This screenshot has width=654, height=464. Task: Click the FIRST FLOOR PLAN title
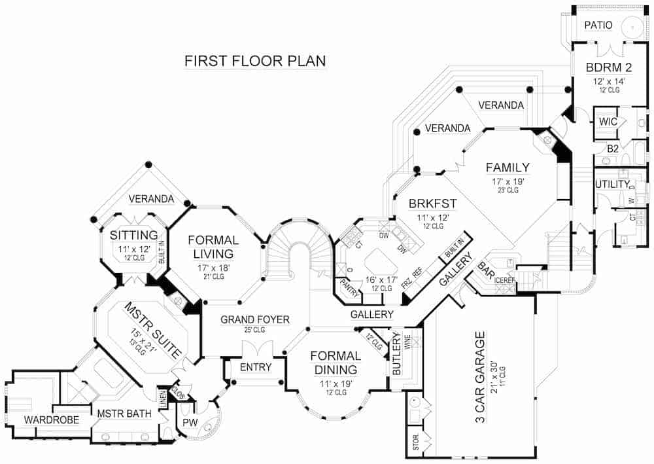[255, 61]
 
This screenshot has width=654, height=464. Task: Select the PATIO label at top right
[598, 26]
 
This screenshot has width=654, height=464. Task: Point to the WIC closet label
[608, 122]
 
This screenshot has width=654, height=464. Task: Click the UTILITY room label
[612, 185]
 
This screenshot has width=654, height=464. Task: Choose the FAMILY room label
[508, 168]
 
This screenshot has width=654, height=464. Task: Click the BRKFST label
[432, 203]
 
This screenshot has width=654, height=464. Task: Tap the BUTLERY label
[396, 354]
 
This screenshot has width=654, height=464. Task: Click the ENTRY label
[256, 367]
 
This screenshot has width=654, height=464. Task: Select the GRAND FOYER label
[255, 320]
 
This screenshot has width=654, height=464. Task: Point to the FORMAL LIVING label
[213, 247]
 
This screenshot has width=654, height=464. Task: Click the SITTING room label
[134, 235]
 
